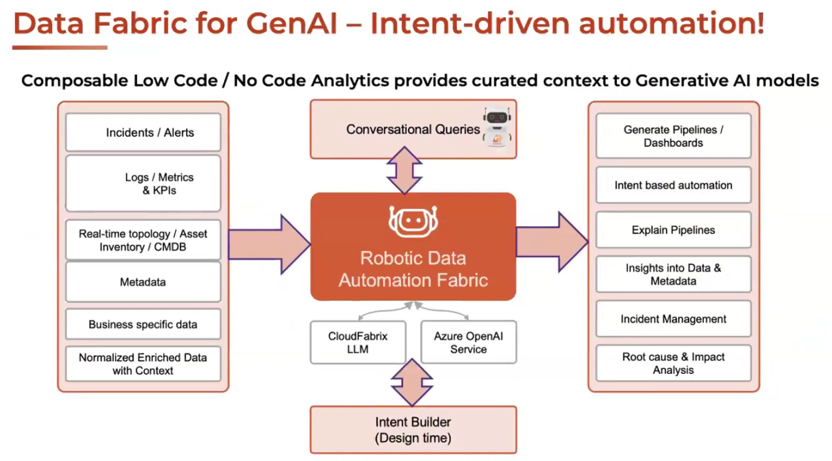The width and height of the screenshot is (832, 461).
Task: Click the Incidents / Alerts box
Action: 143,133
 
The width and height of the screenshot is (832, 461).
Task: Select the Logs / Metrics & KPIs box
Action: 143,184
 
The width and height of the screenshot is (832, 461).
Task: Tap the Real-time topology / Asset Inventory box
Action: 143,240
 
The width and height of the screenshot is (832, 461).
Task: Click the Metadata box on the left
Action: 143,282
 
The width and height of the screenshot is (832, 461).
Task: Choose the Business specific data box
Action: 143,325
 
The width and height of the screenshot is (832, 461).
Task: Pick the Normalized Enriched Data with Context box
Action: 143,364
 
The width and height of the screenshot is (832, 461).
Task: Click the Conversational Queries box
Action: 413,129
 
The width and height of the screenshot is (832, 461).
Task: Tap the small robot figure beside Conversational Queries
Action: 497,127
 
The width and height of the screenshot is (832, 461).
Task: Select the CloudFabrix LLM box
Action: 357,343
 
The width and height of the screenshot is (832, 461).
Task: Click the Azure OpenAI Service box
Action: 468,343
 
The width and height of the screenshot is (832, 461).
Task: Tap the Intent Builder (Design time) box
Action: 413,430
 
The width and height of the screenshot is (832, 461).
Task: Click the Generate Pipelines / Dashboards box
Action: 673,136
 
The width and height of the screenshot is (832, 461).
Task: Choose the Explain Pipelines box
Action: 673,230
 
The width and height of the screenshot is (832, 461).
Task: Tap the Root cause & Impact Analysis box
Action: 673,364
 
